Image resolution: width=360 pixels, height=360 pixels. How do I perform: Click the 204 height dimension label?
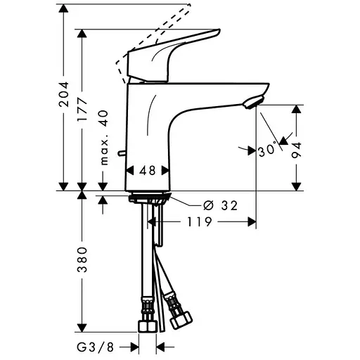coord(64,94)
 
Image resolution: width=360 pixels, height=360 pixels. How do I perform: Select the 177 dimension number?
coord(82,110)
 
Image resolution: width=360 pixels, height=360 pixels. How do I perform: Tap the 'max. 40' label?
coord(103,138)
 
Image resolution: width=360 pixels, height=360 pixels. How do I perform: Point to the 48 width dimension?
coord(147,170)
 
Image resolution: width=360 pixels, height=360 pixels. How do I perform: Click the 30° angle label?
coord(266,150)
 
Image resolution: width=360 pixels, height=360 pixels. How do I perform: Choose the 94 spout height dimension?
coord(297,150)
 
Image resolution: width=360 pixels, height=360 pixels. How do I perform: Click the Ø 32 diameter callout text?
coord(220,205)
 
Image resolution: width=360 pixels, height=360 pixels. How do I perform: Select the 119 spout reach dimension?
coord(199,221)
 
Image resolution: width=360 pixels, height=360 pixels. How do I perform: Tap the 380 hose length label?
coord(82,259)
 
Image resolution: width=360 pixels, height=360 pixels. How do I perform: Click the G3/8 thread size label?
coord(96,347)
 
